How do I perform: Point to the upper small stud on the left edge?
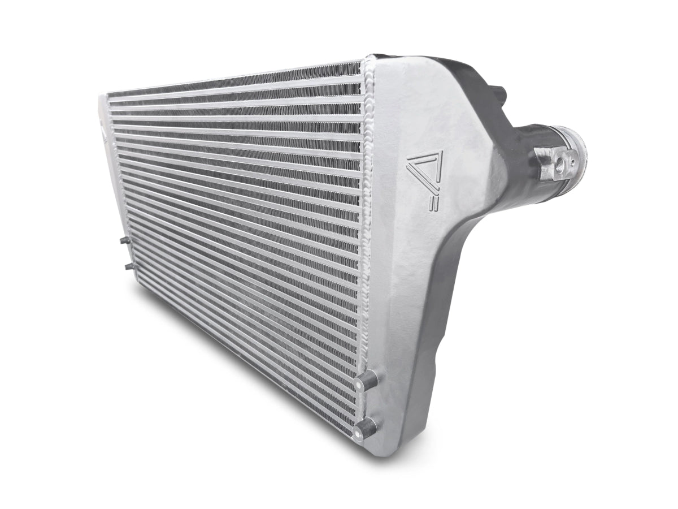(124, 241)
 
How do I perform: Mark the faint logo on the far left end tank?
(105, 133)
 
